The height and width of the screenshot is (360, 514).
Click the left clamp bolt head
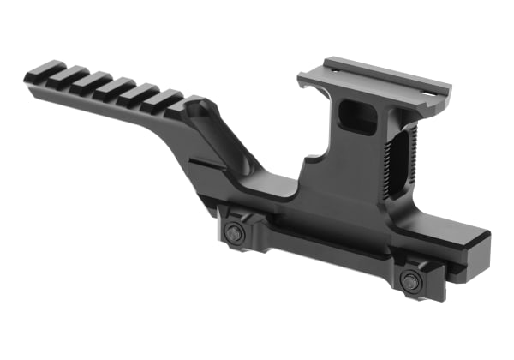point(234,233)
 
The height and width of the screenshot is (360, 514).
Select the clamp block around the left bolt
point(232,226)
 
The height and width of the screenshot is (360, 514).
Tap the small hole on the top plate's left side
point(331,65)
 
